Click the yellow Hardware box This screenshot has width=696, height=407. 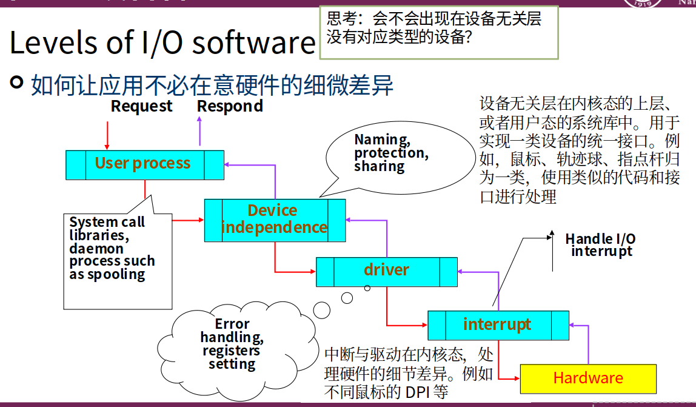tap(588, 378)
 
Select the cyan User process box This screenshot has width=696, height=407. tap(144, 164)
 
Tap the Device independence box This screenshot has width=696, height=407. tap(274, 219)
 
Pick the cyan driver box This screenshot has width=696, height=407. tap(386, 271)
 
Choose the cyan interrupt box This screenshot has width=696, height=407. tap(498, 325)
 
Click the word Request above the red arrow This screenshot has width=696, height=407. tap(141, 107)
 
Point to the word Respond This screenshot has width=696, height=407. tap(230, 107)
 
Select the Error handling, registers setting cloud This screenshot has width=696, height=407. tap(232, 343)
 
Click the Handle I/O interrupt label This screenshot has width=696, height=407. tap(600, 245)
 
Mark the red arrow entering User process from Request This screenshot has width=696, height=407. tap(107, 135)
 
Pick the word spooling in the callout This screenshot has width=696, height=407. tap(115, 274)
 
